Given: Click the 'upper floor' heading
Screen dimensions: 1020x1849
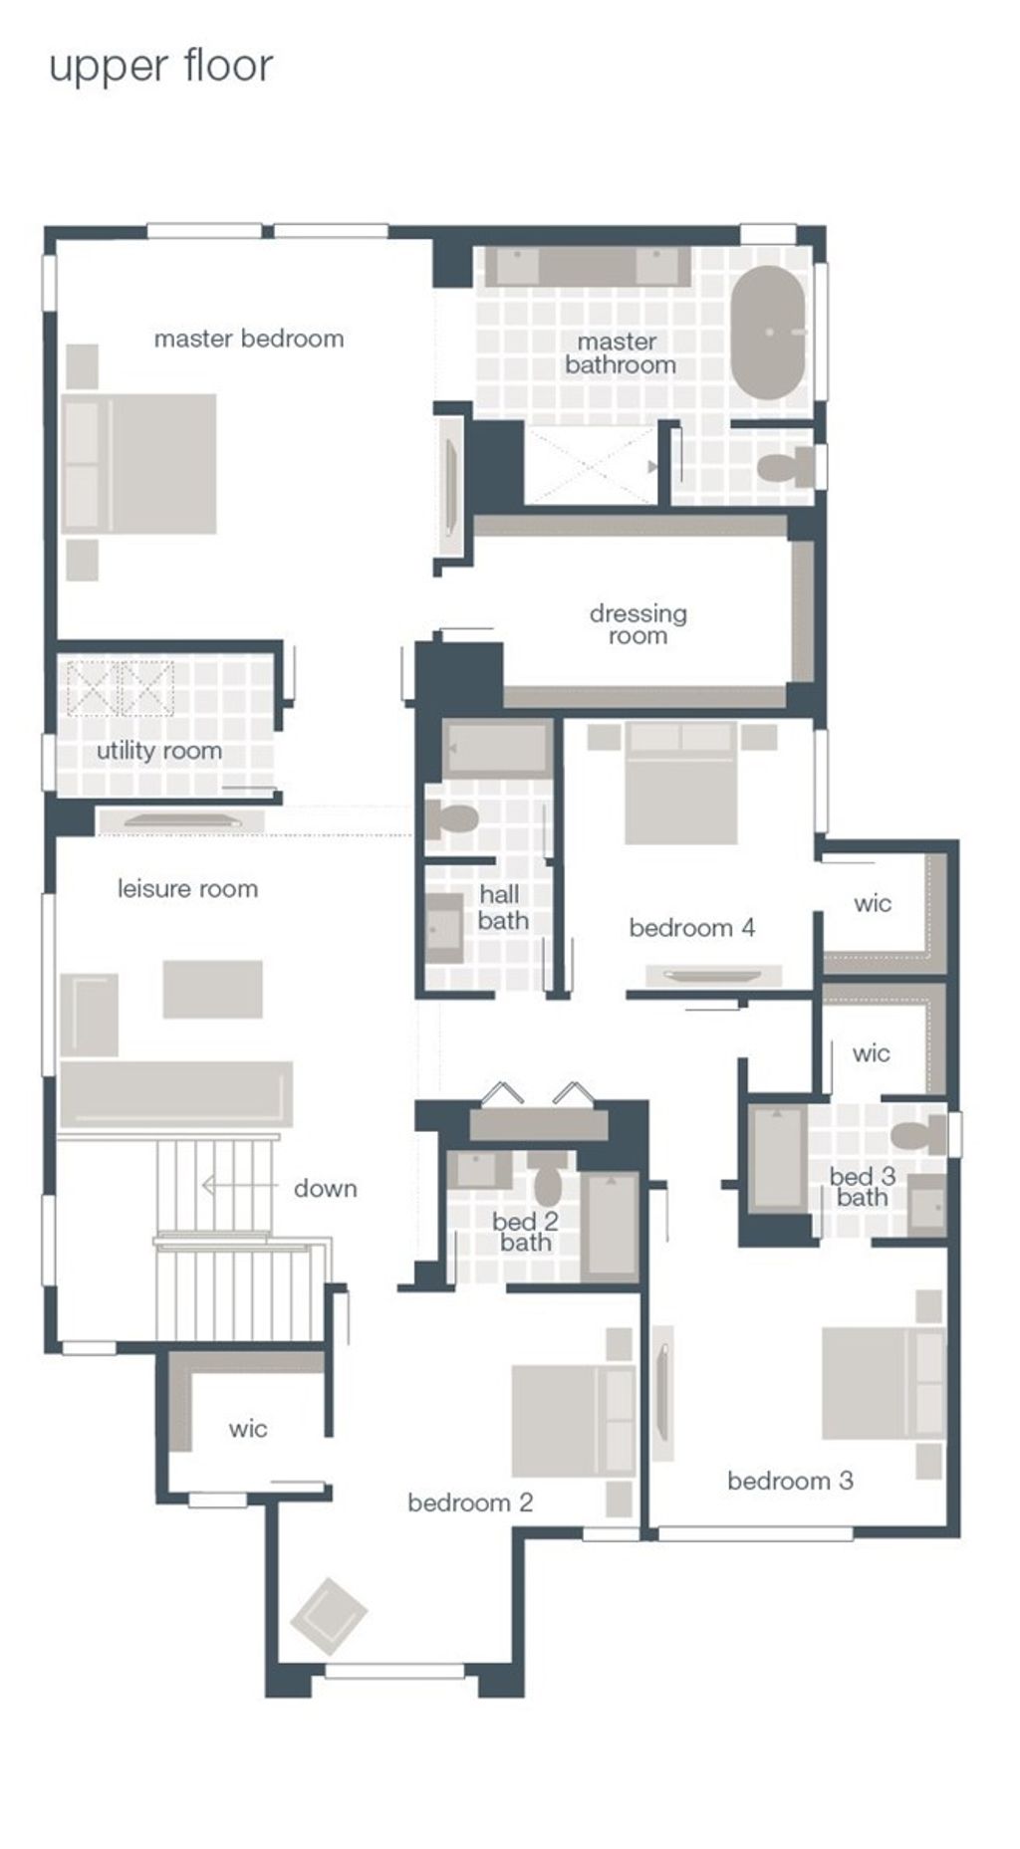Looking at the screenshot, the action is [x=160, y=68].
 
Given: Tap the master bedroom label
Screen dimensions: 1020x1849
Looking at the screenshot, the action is [x=249, y=339].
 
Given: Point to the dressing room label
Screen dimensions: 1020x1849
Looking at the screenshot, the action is [x=638, y=624].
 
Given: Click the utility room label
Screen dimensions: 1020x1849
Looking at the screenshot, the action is [x=159, y=751].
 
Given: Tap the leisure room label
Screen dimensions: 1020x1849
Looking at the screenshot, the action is [x=188, y=888].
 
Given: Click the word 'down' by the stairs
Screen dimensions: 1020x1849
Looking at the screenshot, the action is [x=326, y=1188].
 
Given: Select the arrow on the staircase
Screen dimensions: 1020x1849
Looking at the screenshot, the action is [x=239, y=1186].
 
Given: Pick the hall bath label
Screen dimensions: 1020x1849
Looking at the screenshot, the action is [x=503, y=907].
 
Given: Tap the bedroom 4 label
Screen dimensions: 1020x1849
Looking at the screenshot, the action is [x=692, y=928].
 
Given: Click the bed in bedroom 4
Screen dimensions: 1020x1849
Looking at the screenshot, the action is [x=681, y=783].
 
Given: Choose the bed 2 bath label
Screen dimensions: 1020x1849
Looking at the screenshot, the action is [x=525, y=1232].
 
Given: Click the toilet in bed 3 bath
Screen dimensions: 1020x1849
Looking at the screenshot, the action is [x=918, y=1133].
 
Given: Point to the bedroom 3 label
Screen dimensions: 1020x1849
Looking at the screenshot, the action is [x=790, y=1481].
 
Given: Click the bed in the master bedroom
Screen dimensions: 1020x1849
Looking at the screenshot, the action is [x=138, y=463].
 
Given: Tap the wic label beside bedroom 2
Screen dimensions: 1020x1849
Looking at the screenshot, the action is [x=248, y=1429].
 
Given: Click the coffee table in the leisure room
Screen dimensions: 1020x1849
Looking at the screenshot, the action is [x=213, y=989].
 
